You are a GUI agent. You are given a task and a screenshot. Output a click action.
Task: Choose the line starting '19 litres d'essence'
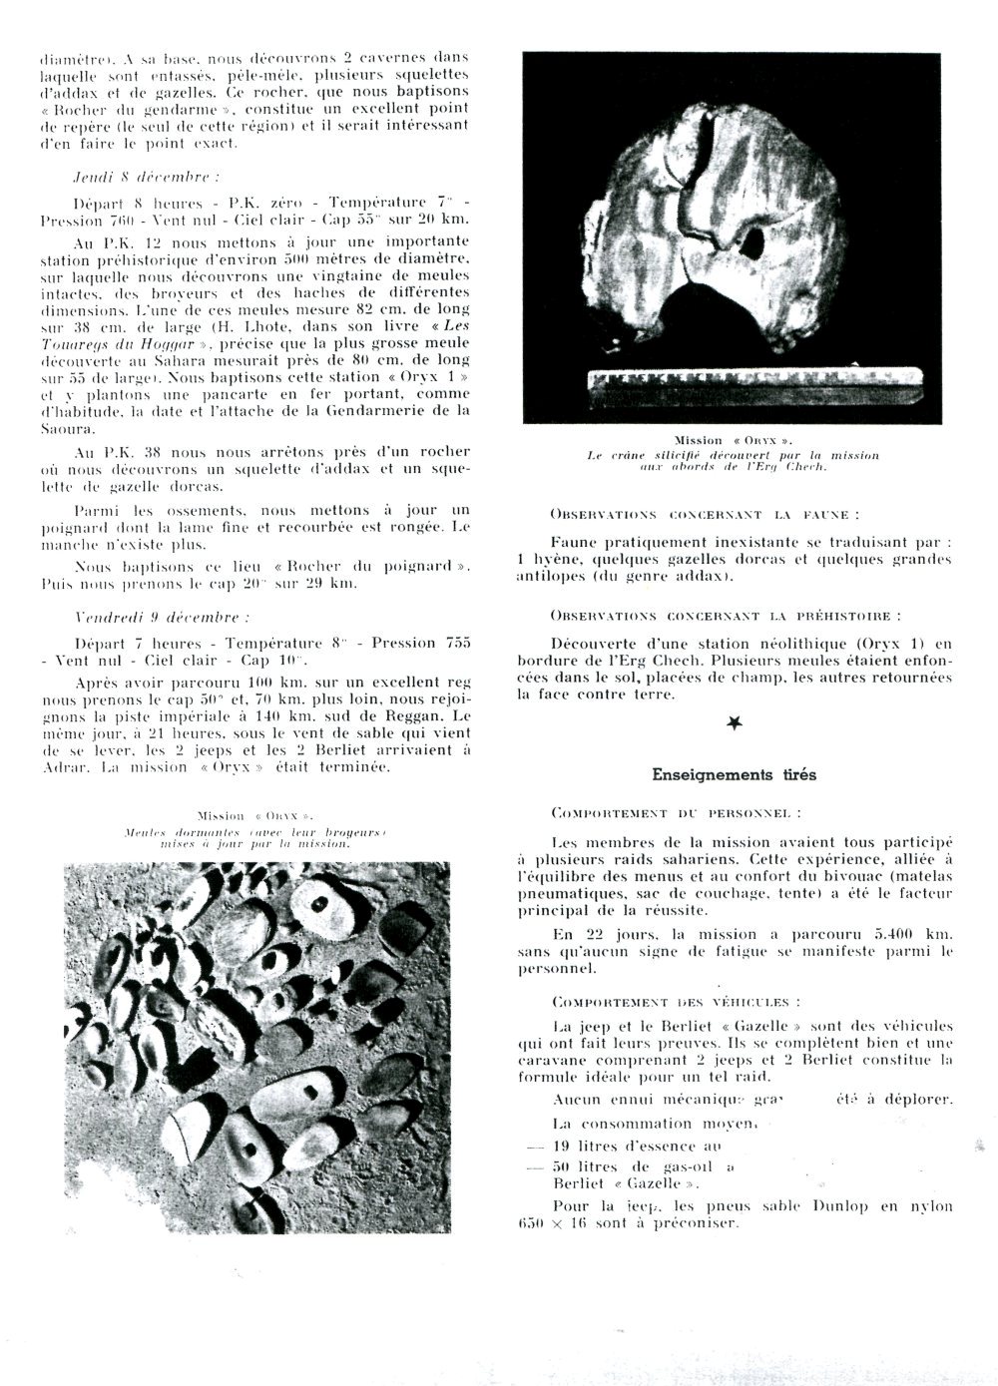coord(624,1147)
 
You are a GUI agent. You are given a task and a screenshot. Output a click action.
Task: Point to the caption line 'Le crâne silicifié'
coord(733,455)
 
